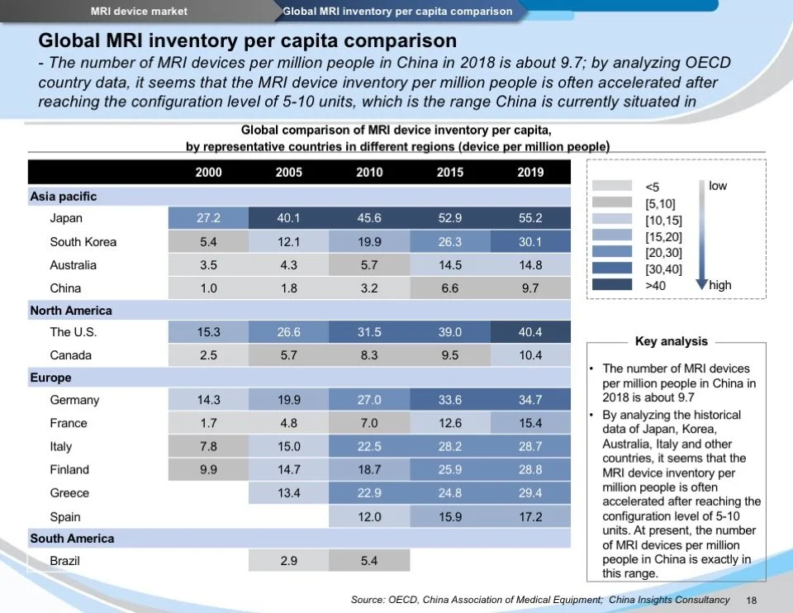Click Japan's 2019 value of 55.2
(530, 218)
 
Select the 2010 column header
(369, 172)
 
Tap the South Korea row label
(83, 242)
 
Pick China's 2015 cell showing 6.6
(450, 288)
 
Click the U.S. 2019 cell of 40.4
(530, 332)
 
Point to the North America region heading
(71, 311)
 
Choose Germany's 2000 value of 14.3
(208, 400)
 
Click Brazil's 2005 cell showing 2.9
(288, 561)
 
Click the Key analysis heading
(672, 341)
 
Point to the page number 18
(752, 601)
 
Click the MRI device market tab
(139, 11)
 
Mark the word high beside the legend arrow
(720, 285)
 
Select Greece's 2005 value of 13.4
(288, 492)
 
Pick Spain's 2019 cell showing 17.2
(530, 516)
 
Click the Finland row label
(69, 469)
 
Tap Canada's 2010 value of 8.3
(369, 355)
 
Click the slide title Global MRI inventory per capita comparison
(248, 40)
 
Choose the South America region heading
(72, 539)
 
